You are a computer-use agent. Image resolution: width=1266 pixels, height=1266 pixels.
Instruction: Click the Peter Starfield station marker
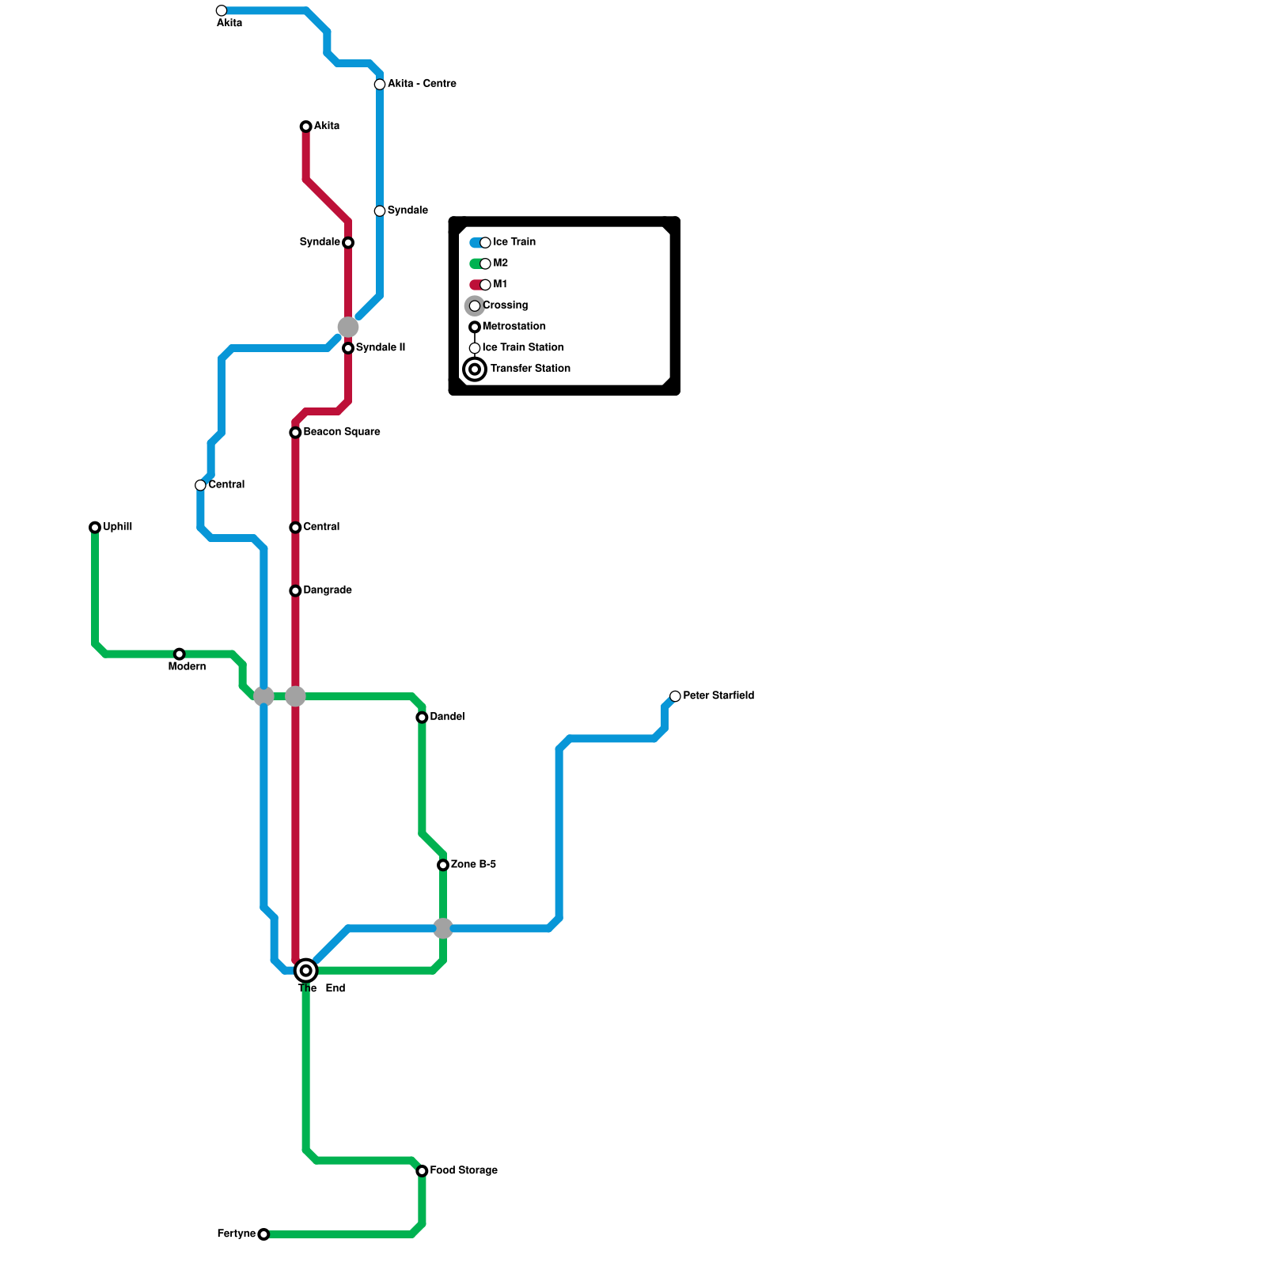[x=675, y=696]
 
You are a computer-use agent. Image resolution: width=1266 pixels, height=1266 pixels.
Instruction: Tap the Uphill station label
[x=117, y=527]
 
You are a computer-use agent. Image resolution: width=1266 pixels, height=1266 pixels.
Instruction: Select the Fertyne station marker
[x=263, y=1234]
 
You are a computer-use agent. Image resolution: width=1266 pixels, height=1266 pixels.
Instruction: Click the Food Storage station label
[x=464, y=1170]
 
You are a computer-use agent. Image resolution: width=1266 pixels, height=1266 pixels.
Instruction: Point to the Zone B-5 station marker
[x=443, y=865]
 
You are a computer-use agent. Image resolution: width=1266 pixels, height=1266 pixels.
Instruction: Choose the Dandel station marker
[x=423, y=718]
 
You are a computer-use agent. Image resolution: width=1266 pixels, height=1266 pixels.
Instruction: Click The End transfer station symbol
[x=306, y=970]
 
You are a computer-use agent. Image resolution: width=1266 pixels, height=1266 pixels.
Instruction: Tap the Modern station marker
[x=180, y=654]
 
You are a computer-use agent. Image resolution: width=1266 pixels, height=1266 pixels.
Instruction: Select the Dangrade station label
[x=328, y=590]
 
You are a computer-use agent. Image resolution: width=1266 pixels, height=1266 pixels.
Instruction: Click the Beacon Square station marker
[x=295, y=433]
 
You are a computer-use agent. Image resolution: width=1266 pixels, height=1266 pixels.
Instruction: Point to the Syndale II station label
[x=381, y=348]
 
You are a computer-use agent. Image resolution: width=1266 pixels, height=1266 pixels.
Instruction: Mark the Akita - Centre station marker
[x=380, y=85]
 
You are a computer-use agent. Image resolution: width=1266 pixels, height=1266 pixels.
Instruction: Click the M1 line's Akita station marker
[x=306, y=127]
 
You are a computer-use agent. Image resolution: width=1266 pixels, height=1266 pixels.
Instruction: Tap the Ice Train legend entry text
[x=514, y=242]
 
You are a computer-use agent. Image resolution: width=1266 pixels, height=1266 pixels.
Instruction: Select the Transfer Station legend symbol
[x=475, y=369]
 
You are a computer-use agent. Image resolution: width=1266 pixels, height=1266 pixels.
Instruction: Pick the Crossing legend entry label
[x=505, y=305]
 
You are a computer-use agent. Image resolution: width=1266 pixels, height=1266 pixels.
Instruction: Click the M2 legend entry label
[x=501, y=263]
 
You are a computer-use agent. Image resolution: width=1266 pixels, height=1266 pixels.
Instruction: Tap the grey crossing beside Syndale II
[x=348, y=327]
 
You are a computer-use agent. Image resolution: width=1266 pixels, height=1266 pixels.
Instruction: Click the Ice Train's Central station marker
[x=201, y=485]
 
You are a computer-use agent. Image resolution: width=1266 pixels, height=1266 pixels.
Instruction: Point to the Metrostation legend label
[x=514, y=327]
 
